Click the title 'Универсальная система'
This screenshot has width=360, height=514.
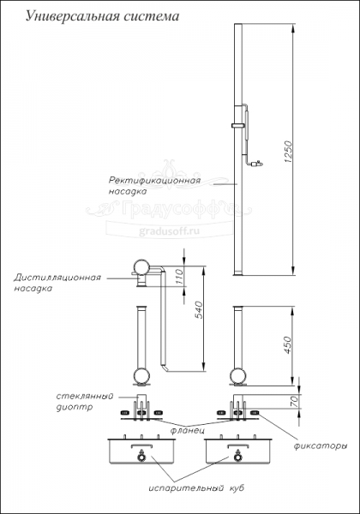click(x=102, y=16)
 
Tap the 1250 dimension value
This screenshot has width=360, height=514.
click(x=288, y=152)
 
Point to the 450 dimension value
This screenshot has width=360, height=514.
click(x=287, y=344)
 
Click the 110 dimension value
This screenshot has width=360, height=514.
click(x=178, y=277)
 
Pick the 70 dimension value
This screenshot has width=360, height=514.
click(x=294, y=400)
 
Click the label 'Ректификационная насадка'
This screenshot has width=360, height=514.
click(x=154, y=186)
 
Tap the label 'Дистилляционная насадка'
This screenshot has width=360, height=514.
click(x=57, y=283)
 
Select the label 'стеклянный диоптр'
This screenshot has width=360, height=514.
click(x=85, y=402)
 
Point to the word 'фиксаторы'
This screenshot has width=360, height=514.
click(x=321, y=445)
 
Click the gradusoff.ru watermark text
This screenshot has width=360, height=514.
click(x=169, y=231)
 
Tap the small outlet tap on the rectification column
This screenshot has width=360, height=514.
click(x=257, y=164)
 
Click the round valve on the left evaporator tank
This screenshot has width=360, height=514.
click(x=141, y=457)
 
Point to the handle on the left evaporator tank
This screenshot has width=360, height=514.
click(x=141, y=445)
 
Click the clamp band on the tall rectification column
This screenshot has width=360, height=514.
click(x=238, y=125)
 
